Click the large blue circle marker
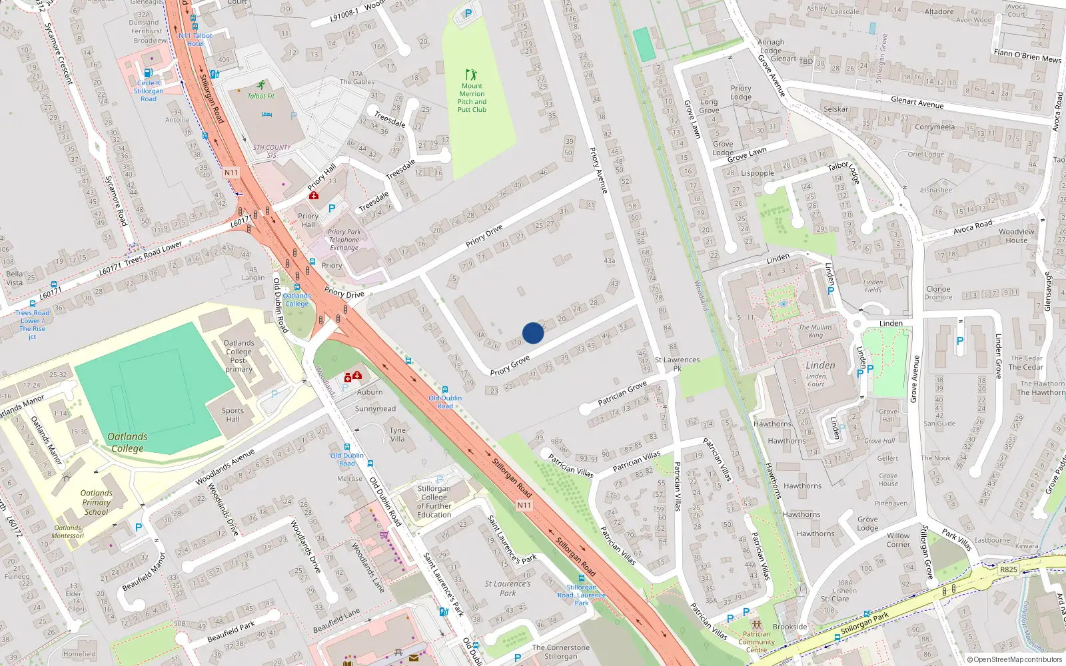click(x=533, y=333)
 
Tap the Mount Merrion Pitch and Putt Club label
click(x=472, y=97)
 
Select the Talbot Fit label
click(x=261, y=96)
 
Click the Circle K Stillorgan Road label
click(x=148, y=91)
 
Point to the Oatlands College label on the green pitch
click(x=127, y=442)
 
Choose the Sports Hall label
click(x=233, y=415)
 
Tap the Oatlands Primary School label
click(x=97, y=502)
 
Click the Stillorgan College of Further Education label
click(x=434, y=501)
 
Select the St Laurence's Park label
click(x=508, y=588)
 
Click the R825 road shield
click(x=1009, y=569)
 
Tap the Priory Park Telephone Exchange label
click(x=344, y=240)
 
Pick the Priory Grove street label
click(x=510, y=365)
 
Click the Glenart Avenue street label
click(x=917, y=102)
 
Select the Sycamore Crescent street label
click(x=59, y=53)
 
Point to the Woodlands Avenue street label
click(x=225, y=467)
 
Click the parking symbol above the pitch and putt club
click(x=468, y=13)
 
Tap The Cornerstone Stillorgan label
click(x=560, y=651)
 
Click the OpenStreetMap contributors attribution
click(x=1014, y=659)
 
